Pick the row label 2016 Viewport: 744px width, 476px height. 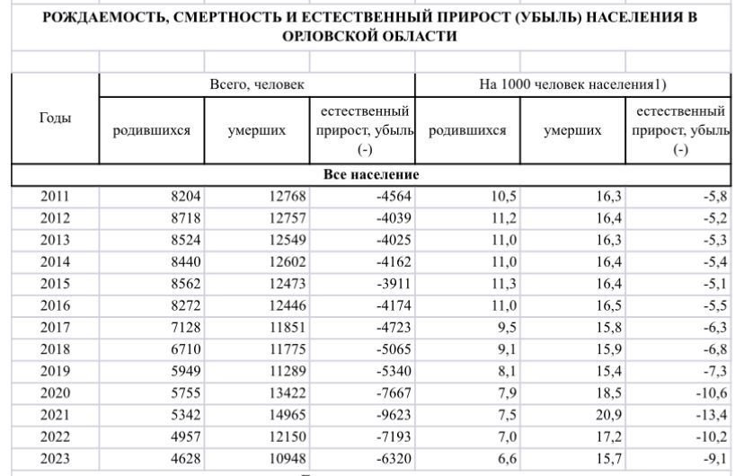tap(56, 305)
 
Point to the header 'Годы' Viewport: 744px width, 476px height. tap(56, 119)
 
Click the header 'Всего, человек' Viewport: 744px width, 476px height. tap(257, 84)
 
